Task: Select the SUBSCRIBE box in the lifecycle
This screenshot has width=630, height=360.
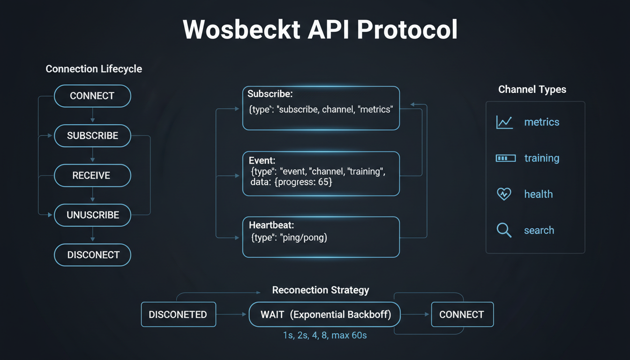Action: [x=92, y=136]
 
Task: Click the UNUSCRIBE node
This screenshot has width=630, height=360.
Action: [x=92, y=216]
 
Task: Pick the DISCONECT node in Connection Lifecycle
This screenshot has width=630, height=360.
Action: [x=92, y=255]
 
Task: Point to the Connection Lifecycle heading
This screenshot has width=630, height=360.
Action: [x=94, y=69]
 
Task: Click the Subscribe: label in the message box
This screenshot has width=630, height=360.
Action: [x=270, y=94]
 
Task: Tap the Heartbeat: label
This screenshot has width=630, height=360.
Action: [x=271, y=225]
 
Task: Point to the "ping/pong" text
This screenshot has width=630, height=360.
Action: [x=304, y=237]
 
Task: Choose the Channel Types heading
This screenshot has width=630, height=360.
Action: [x=532, y=90]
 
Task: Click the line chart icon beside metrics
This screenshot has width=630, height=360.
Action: [x=504, y=122]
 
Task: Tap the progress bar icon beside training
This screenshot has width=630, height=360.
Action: [x=505, y=158]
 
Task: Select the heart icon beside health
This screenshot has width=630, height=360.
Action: [x=504, y=194]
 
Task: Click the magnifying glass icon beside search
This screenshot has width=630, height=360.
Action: [x=504, y=230]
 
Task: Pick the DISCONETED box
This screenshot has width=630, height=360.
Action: [x=178, y=315]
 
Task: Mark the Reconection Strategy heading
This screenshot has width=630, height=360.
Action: [x=321, y=290]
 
